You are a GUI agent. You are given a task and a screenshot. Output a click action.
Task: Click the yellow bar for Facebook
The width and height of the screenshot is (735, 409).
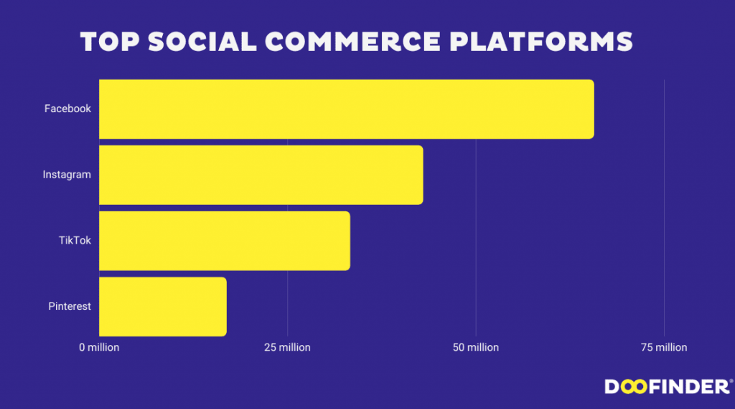pos(346,109)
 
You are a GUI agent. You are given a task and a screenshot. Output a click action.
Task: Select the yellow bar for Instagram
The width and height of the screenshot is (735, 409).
pos(261,175)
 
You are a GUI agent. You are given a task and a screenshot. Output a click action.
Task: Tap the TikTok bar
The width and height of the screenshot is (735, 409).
pos(224,241)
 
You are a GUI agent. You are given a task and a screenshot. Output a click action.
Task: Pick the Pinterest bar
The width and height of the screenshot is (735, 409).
pos(162,306)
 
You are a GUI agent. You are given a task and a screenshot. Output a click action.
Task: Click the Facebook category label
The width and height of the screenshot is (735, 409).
pos(67,109)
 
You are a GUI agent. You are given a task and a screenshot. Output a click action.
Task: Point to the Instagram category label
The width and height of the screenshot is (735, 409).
pos(67,175)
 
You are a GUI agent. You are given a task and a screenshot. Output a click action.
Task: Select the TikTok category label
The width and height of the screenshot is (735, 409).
pos(75,241)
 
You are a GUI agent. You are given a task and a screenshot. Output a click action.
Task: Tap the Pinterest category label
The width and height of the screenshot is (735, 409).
pos(70,306)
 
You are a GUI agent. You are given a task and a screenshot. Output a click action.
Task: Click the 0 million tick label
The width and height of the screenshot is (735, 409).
pos(99,347)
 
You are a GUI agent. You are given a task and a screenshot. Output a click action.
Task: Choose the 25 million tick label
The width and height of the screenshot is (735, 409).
pos(287,347)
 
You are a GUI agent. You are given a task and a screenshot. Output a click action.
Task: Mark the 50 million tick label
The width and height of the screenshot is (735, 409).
pos(476,347)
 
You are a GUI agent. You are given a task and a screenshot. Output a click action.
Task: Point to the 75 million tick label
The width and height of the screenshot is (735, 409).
pos(664,347)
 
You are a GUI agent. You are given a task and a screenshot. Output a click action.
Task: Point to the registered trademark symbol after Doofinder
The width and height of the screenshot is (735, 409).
pos(731,381)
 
